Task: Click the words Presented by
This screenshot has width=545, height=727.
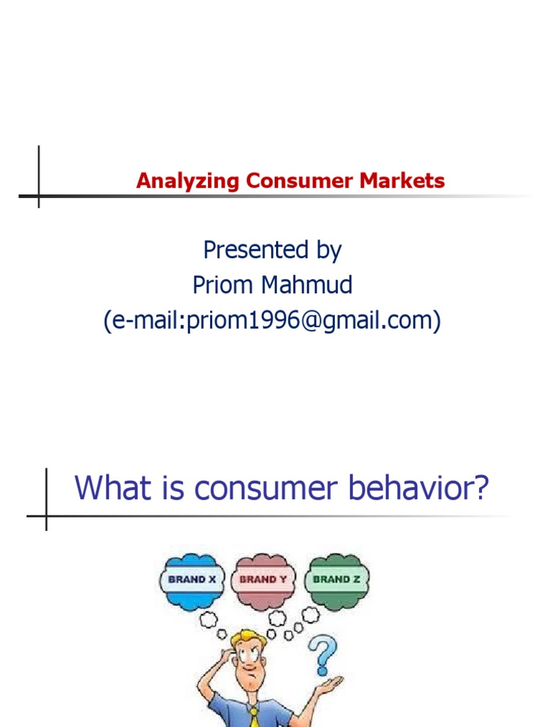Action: tap(272, 250)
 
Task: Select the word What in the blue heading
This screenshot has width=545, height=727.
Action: tap(108, 488)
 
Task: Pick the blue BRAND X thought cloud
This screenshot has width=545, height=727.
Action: tap(192, 579)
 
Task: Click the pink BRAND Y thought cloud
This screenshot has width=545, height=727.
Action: tap(263, 580)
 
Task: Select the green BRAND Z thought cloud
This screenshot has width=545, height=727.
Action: tap(336, 579)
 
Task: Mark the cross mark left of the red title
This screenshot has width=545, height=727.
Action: tap(38, 195)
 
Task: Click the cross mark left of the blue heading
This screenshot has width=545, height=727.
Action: tap(46, 516)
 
